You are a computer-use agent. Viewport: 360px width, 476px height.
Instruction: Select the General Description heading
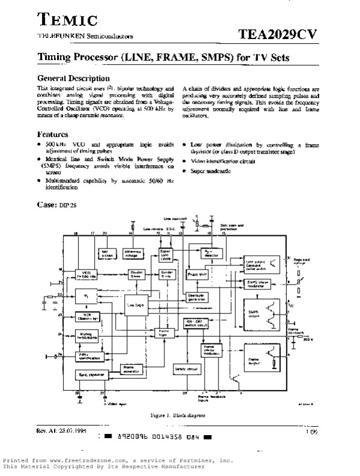point(74,78)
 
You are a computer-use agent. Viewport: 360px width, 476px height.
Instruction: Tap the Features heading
point(53,134)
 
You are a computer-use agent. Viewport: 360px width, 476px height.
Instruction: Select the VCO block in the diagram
point(83,273)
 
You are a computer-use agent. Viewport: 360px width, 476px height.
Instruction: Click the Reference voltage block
point(135,253)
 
